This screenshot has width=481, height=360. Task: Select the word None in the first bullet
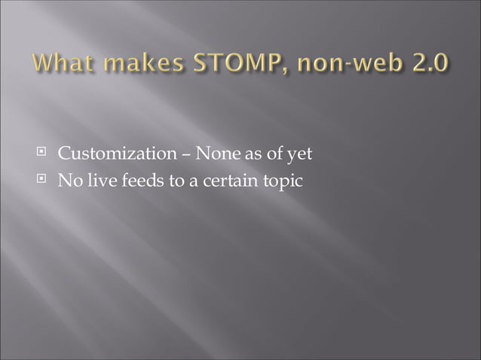[213, 155]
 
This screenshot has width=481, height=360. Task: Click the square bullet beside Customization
[43, 155]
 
